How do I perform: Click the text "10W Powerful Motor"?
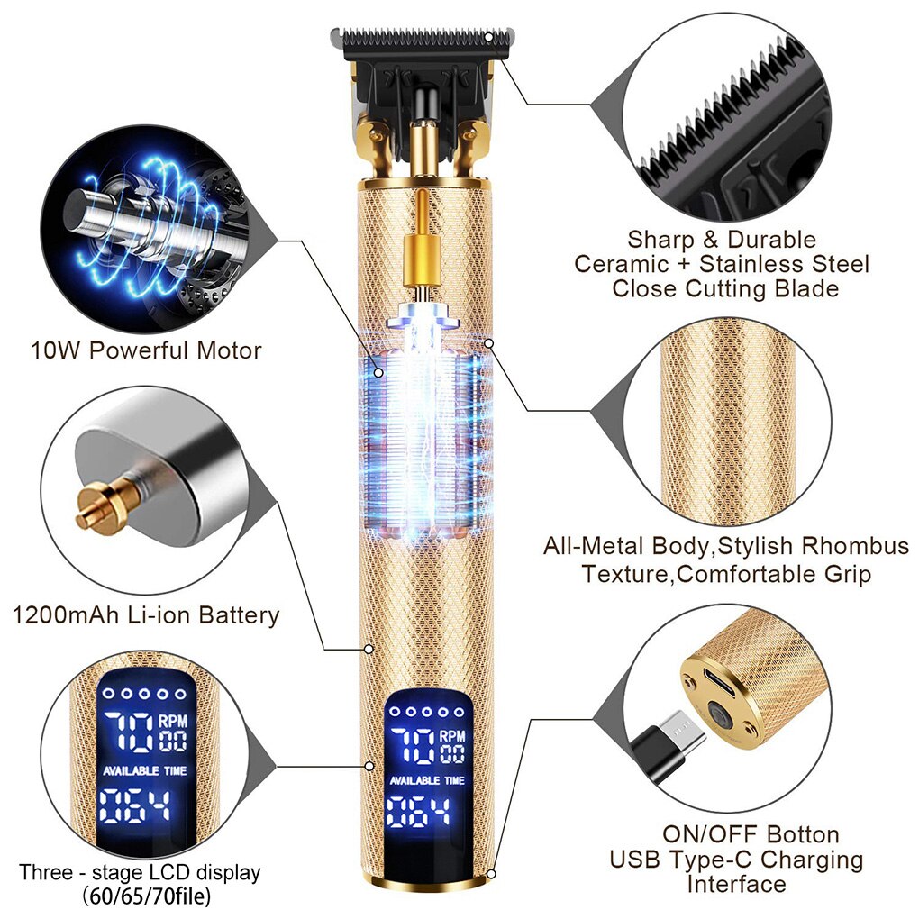(145, 350)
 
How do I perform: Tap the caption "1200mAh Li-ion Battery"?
(145, 615)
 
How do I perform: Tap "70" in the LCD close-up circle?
(126, 731)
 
